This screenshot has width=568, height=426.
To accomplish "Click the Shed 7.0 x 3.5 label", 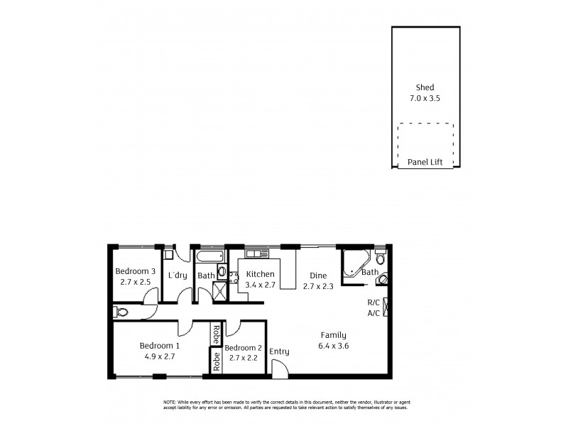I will pos(425,93).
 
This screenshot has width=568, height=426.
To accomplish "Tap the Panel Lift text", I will pos(425,163).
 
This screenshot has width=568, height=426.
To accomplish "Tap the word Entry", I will pos(279,351).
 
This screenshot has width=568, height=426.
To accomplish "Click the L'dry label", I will pos(177,275).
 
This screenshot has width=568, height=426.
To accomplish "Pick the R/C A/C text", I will pos(373,307).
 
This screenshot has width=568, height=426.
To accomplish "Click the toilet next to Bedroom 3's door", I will pos(121,311).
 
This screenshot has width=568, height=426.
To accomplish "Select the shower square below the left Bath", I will pos(222,292).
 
